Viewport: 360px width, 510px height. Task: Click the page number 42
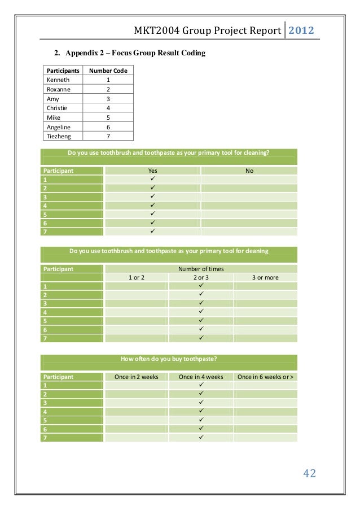click(x=309, y=473)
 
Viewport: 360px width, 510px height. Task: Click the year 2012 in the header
click(x=302, y=30)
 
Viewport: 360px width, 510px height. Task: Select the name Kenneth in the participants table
click(x=58, y=80)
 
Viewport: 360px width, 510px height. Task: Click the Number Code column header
click(x=108, y=71)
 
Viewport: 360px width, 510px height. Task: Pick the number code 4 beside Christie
click(x=108, y=108)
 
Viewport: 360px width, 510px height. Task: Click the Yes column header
click(x=152, y=170)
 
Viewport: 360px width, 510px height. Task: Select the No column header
click(x=249, y=170)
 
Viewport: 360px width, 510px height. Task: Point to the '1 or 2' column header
click(x=136, y=278)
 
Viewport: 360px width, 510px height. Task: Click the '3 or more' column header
click(x=265, y=278)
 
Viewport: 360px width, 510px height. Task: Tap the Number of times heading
click(x=201, y=269)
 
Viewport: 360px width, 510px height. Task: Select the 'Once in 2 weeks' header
click(x=136, y=377)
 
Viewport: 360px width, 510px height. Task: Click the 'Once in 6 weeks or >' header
click(x=265, y=377)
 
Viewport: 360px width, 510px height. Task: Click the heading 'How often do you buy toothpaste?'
click(x=169, y=359)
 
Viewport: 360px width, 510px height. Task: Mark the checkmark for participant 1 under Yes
click(x=152, y=178)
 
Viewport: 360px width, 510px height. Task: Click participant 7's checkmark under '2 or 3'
click(x=201, y=338)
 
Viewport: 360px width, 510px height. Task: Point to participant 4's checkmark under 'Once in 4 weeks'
click(x=201, y=411)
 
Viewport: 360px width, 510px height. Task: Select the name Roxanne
click(x=59, y=89)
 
